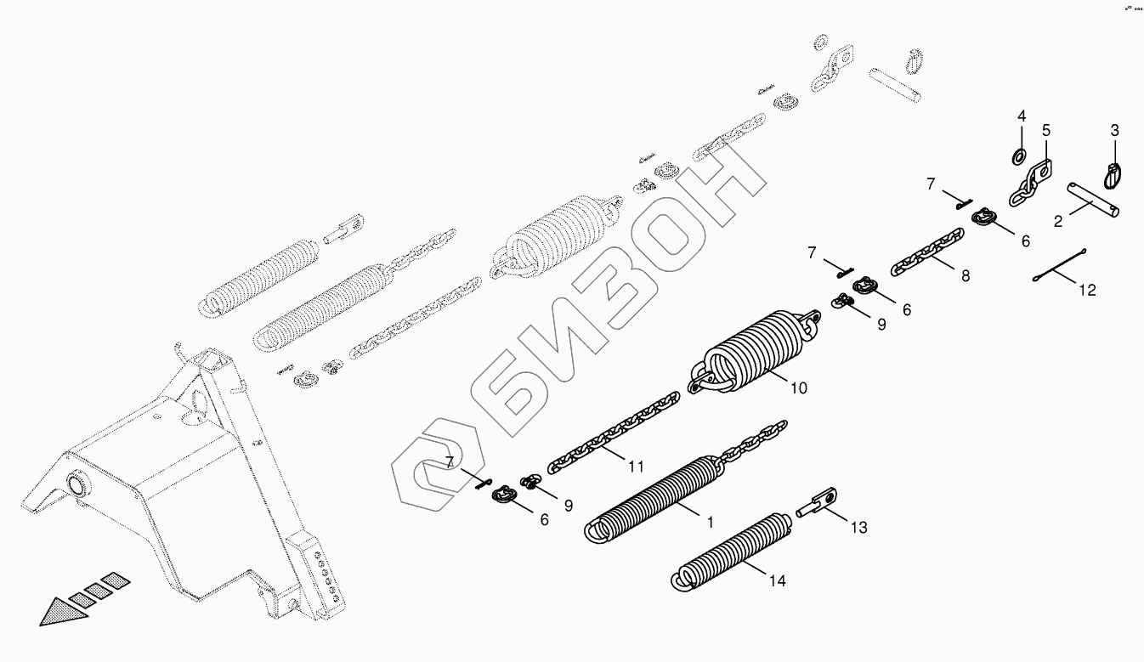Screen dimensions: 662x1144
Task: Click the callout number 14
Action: [x=777, y=581]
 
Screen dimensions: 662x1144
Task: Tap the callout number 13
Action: [x=858, y=528]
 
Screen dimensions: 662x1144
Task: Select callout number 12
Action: [x=1088, y=291]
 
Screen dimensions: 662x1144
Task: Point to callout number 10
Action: [x=798, y=388]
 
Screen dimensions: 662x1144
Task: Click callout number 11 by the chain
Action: [x=636, y=466]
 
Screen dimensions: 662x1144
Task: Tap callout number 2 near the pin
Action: [x=1058, y=223]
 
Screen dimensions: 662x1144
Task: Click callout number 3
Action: [x=1114, y=131]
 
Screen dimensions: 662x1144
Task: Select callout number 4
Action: [x=1022, y=116]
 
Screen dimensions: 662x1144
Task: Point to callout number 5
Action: [x=1046, y=131]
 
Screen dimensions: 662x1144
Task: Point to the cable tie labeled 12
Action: [x=1062, y=264]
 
